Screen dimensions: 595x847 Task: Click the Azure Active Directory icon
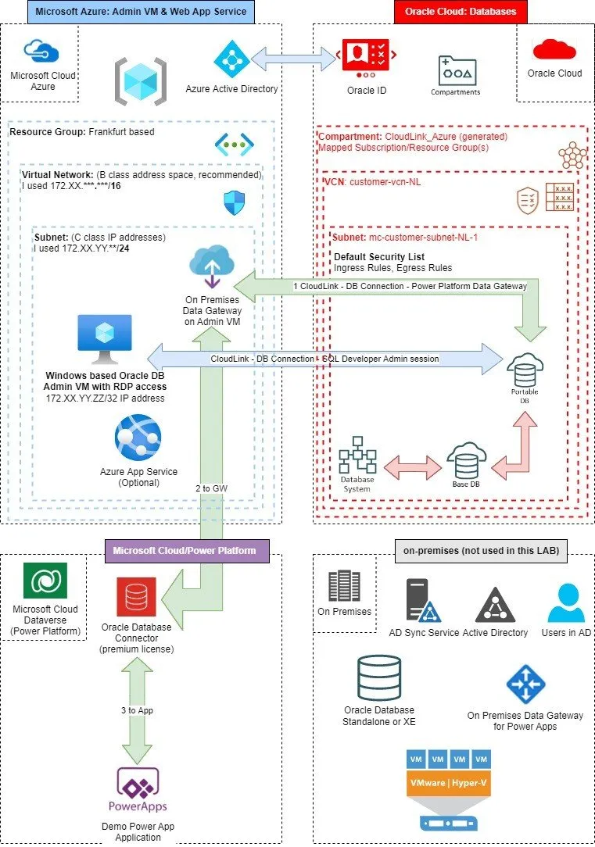[x=232, y=59]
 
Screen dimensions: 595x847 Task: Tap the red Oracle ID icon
[x=367, y=59]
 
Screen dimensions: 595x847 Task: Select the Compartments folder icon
[x=457, y=70]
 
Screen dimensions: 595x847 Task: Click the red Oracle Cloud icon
[x=554, y=49]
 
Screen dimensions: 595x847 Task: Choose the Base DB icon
[x=466, y=460]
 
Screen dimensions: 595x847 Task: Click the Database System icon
[x=357, y=455]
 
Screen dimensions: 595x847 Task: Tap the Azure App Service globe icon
[x=138, y=438]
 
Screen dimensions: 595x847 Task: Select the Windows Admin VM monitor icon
[x=105, y=339]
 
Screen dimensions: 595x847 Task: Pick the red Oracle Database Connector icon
[x=136, y=597]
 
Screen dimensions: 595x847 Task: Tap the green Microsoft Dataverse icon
[x=45, y=581]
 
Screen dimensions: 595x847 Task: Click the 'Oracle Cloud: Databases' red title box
[x=461, y=12]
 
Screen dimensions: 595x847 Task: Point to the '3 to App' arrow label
[x=138, y=710]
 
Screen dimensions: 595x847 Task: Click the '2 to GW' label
[x=211, y=488]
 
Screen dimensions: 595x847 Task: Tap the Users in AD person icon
[x=566, y=603]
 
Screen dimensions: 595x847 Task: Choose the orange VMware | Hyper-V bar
[x=449, y=783]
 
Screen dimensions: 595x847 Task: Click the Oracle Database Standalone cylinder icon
[x=379, y=678]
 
